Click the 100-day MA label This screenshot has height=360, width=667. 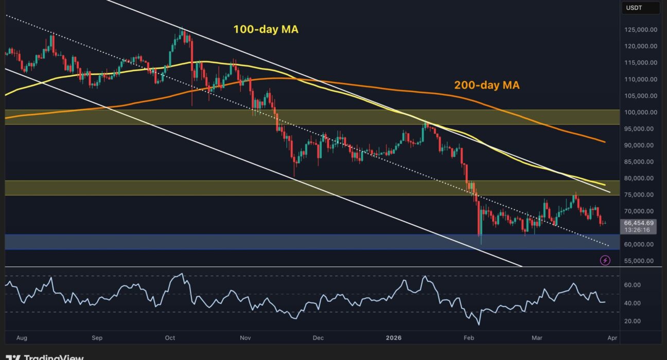click(x=266, y=30)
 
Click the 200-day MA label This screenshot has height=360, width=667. click(x=487, y=85)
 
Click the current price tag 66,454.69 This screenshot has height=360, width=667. click(x=639, y=223)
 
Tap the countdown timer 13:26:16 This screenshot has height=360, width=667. click(x=637, y=230)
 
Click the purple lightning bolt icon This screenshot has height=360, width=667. click(x=605, y=260)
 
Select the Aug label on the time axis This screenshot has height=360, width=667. click(x=22, y=338)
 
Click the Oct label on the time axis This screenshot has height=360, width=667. click(x=170, y=338)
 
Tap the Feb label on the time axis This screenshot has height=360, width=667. click(x=468, y=338)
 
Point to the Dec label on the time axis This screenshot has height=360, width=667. click(x=318, y=338)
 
